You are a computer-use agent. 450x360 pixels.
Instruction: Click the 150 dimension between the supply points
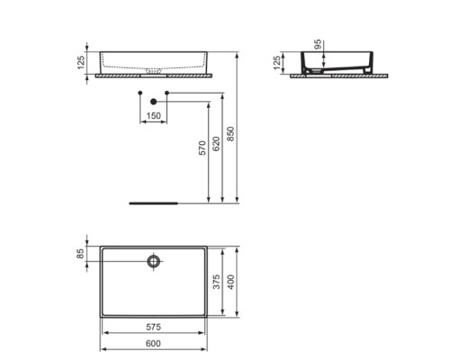[x=154, y=116]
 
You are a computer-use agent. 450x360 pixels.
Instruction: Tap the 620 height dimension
[x=216, y=142]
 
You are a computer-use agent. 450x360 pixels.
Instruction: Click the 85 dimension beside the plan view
[x=80, y=254]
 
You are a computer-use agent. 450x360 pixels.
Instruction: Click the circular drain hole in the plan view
[x=154, y=262]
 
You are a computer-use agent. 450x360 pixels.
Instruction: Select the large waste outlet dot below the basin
[x=154, y=103]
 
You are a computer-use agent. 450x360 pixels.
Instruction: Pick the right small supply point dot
[x=167, y=93]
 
